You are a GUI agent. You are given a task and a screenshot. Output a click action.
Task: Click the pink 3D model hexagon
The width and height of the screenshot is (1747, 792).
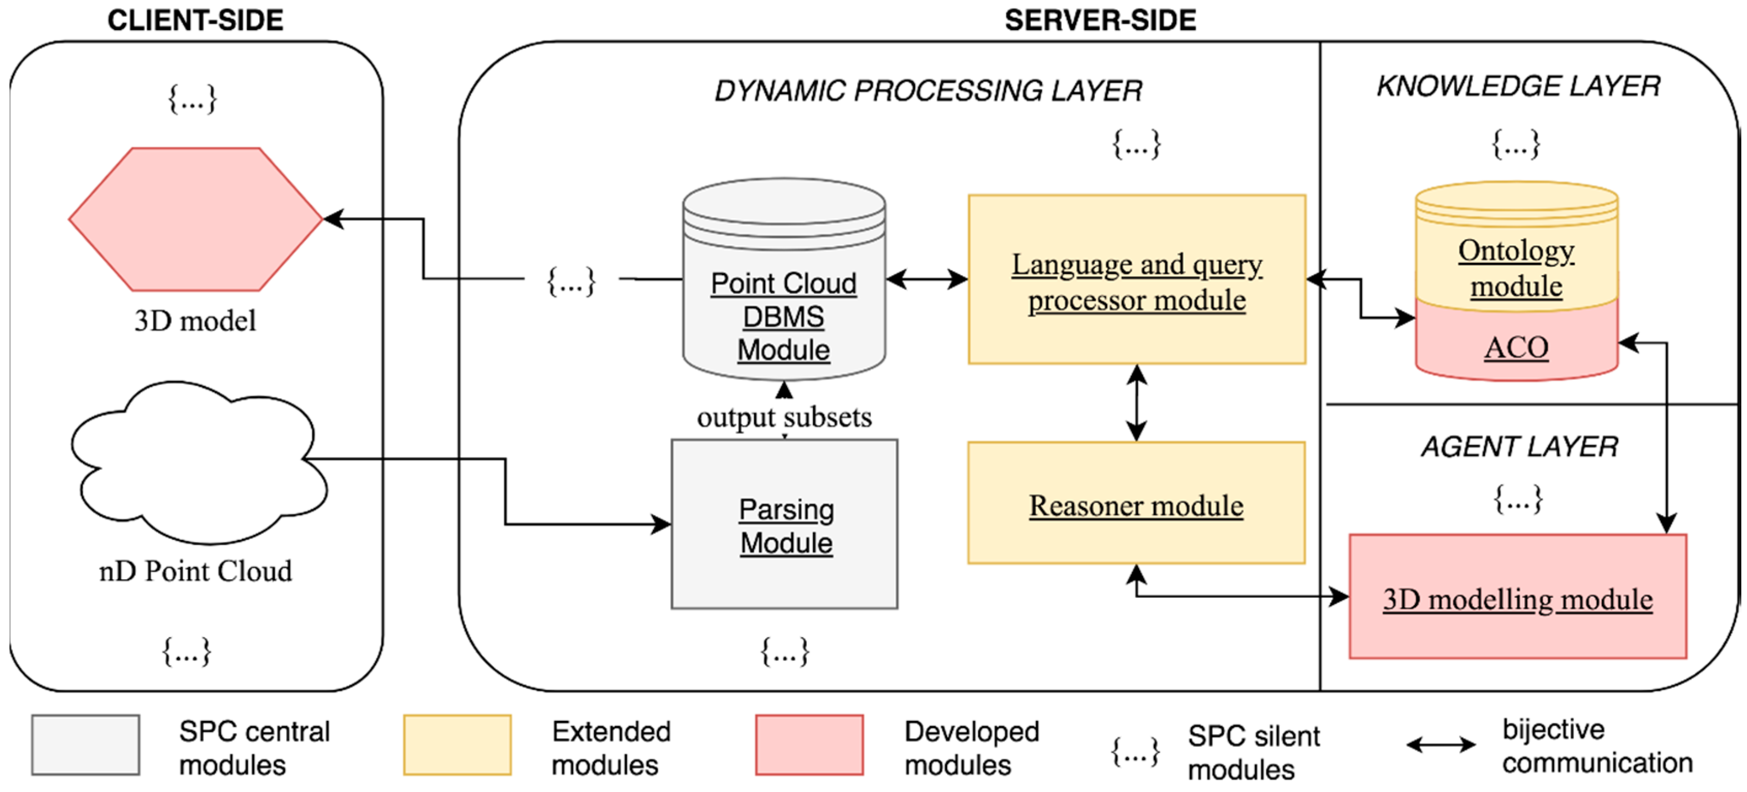click(x=195, y=219)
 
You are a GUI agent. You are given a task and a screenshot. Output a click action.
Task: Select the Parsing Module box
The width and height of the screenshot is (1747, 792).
click(x=785, y=524)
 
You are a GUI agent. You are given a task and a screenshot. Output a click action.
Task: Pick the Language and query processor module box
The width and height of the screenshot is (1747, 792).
click(x=1137, y=280)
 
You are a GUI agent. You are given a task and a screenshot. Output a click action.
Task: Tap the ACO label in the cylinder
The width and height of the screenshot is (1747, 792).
click(x=1516, y=347)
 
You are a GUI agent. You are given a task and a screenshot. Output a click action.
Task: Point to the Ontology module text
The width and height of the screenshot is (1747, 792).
click(x=1516, y=268)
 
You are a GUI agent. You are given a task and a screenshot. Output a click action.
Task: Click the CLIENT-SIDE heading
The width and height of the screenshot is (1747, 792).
click(x=195, y=20)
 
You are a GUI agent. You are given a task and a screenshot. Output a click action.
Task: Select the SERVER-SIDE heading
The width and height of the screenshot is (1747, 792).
click(x=1100, y=20)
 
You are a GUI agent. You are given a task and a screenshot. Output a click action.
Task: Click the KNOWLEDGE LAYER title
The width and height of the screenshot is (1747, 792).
click(x=1518, y=86)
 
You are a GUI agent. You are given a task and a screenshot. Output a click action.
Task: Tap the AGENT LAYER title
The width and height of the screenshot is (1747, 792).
click(x=1519, y=446)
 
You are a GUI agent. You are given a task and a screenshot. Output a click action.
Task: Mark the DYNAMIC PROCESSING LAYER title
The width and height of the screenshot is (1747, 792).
click(x=928, y=91)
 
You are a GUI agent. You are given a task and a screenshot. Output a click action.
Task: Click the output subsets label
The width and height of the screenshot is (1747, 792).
click(x=785, y=417)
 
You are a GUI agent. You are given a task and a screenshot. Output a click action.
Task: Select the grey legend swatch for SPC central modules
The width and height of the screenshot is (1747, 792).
click(x=86, y=745)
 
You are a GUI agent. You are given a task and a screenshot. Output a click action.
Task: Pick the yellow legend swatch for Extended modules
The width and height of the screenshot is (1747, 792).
click(x=457, y=745)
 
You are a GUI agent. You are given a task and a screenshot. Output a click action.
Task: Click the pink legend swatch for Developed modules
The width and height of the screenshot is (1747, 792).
click(x=809, y=745)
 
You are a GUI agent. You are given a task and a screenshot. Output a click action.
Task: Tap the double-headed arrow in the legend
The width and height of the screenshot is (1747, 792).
click(x=1440, y=745)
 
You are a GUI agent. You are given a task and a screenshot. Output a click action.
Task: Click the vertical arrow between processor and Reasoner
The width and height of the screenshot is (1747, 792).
click(x=1137, y=403)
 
